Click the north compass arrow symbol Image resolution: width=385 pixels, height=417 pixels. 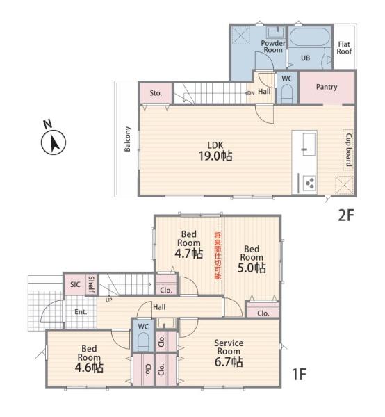click(54, 142)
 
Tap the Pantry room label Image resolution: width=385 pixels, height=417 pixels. click(327, 87)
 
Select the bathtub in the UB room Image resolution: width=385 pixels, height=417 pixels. click(309, 38)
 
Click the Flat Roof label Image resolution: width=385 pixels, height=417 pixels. click(344, 47)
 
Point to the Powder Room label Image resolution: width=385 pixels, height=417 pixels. click(273, 47)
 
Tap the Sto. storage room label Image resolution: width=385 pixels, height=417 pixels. click(156, 93)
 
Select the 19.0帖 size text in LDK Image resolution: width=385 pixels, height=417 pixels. click(215, 156)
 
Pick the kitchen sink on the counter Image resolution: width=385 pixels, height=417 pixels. click(309, 144)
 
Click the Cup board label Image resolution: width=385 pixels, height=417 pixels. click(348, 149)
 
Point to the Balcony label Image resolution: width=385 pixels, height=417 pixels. click(128, 139)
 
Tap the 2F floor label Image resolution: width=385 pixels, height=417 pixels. click(345, 215)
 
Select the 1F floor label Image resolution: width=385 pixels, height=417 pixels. click(299, 374)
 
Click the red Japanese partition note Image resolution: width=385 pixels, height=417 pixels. click(218, 256)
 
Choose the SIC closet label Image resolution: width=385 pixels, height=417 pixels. click(75, 284)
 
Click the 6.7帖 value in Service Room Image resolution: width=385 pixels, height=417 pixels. click(229, 362)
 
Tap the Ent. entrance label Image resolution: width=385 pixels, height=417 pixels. click(81, 311)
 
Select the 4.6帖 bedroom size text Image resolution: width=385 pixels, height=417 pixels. click(89, 368)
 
